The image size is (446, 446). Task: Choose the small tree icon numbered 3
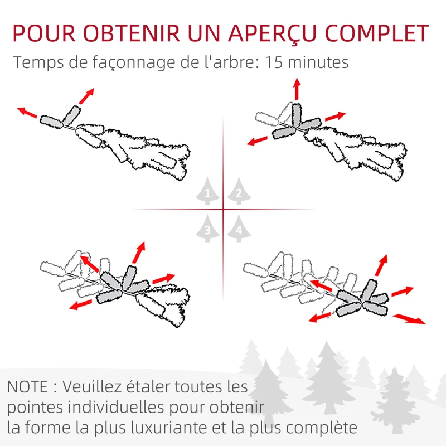207,228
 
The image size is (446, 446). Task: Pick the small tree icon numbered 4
239,228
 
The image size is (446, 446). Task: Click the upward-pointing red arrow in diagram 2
297,89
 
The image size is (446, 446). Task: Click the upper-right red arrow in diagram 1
86,96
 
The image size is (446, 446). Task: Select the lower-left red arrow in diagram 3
81,304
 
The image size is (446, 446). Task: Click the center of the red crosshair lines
223,210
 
